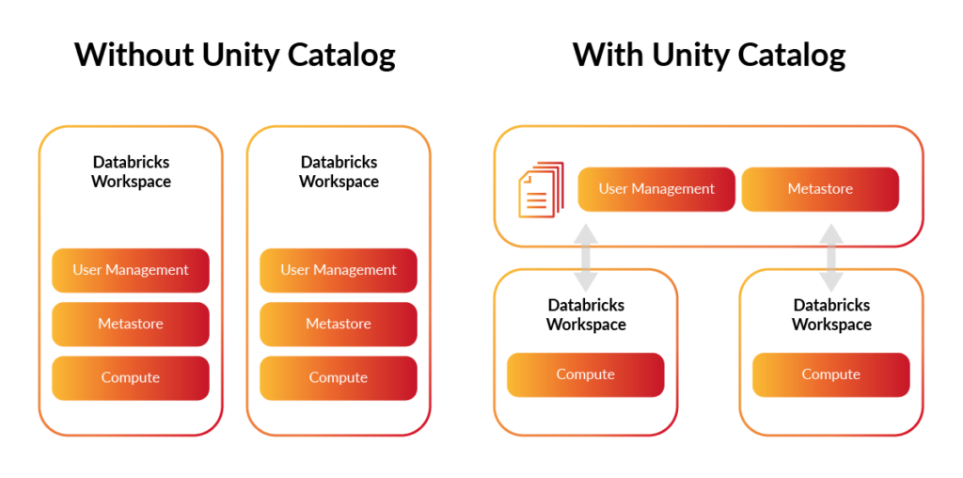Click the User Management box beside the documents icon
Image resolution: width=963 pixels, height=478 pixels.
point(656,189)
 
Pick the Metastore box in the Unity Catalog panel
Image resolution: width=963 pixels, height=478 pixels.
point(820,189)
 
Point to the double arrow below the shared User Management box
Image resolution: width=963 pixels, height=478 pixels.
point(586,258)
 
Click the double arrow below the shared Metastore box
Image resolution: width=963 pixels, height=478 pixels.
point(831,258)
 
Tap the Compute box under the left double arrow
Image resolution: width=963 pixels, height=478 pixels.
point(585,374)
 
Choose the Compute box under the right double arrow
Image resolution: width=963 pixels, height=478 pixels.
point(830,374)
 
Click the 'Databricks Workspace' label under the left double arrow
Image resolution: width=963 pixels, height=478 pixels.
point(586,315)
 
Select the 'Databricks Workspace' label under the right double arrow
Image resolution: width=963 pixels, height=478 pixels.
point(831,315)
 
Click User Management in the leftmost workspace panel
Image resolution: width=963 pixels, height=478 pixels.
point(131,270)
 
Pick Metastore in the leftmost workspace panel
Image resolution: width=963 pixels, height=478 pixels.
point(131,324)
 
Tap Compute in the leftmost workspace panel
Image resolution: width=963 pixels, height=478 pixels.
point(131,377)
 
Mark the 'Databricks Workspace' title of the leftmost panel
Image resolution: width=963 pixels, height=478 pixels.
point(131,172)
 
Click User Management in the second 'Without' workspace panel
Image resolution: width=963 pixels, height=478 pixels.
point(339,270)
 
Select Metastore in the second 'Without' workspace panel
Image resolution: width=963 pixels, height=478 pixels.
point(339,324)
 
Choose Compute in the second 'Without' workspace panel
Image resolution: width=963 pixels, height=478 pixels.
point(339,377)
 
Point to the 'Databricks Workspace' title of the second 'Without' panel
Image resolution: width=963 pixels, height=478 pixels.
point(339,172)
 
